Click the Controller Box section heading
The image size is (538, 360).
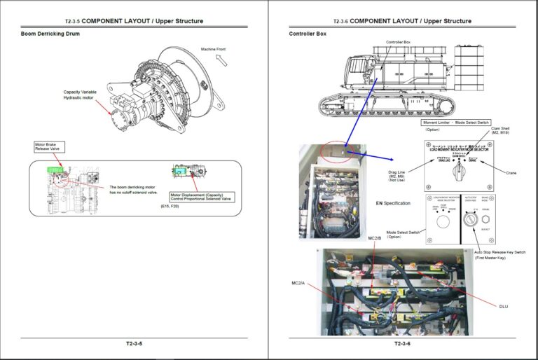(308, 34)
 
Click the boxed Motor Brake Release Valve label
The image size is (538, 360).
(50, 146)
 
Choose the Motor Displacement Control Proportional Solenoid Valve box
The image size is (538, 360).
(201, 196)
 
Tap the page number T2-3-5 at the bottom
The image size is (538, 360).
(134, 343)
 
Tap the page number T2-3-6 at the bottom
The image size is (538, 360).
(401, 343)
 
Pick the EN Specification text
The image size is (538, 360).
(392, 203)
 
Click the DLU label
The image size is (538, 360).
(503, 306)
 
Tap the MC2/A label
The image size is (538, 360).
(298, 284)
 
